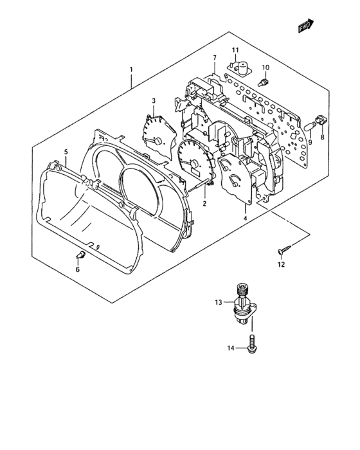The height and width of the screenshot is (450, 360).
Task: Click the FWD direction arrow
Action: (x=306, y=26)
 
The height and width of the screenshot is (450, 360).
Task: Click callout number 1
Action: (x=131, y=69)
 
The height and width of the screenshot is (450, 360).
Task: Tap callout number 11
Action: (x=235, y=50)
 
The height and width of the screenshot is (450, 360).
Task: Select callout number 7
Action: (x=215, y=58)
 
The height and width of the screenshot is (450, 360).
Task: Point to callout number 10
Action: (x=265, y=67)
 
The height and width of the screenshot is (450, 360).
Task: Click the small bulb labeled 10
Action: (x=263, y=82)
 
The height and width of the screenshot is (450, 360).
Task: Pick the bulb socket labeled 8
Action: (x=320, y=120)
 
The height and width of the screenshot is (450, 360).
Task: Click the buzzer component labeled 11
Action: (x=239, y=68)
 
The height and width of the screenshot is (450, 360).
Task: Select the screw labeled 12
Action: (x=284, y=249)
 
